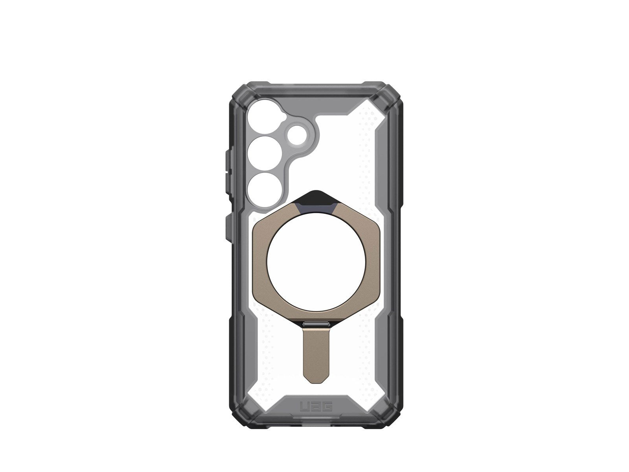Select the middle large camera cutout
point(262,151)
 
